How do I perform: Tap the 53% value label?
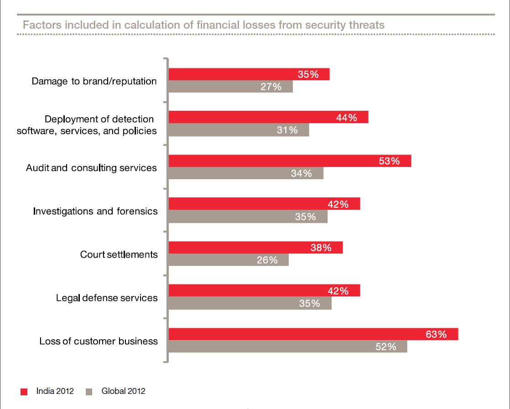[389, 161]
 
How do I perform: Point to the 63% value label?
[436, 334]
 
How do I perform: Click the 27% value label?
[271, 87]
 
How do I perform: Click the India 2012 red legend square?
[24, 392]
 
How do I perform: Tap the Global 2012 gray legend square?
[89, 392]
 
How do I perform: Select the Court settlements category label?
[119, 254]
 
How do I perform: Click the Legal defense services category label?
[107, 298]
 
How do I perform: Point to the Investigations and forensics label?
[95, 211]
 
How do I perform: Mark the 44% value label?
[346, 118]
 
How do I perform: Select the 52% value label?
[385, 347]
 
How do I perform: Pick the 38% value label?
[321, 248]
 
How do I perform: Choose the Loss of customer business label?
[99, 341]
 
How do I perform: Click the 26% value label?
[267, 260]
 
